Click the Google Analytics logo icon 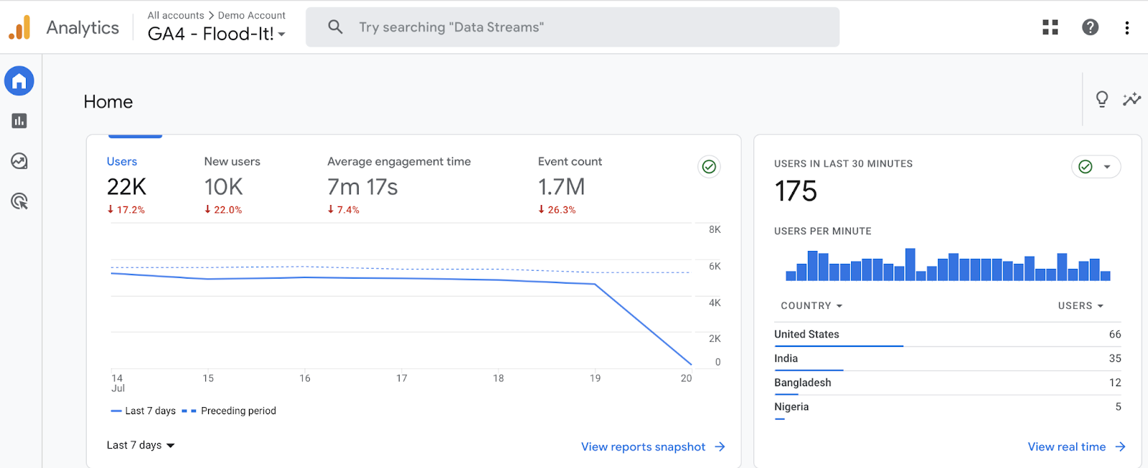20,27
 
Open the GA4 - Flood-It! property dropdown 216,34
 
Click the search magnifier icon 335,27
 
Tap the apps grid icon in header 1050,27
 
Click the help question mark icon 1090,27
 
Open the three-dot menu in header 1127,27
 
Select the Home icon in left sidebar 19,81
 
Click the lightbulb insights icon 1102,99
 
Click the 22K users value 126,187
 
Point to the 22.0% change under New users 224,210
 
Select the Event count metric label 570,162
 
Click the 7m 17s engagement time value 362,187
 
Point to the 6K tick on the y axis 715,266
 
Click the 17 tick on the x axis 402,378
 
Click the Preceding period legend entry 237,411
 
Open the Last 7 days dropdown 141,445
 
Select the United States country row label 806,334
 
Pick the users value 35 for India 1114,358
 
